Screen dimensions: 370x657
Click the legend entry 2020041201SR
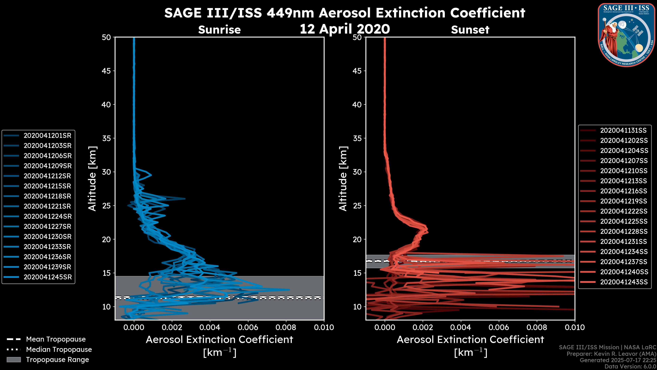tap(47, 136)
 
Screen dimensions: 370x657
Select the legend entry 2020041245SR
tap(47, 277)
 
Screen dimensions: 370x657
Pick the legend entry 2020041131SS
tap(623, 131)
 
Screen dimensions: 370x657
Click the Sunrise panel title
tap(219, 30)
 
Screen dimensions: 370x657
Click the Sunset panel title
tap(470, 30)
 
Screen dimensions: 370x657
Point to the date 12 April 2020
tap(345, 29)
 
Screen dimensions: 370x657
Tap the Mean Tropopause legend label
tap(56, 339)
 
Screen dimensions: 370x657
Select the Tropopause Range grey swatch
tap(14, 360)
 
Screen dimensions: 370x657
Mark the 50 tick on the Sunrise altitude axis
tap(106, 37)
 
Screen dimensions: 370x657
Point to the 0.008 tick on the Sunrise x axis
tap(286, 327)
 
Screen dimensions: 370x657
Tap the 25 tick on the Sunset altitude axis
tap(357, 206)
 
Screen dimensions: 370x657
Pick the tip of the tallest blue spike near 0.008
tap(289, 289)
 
